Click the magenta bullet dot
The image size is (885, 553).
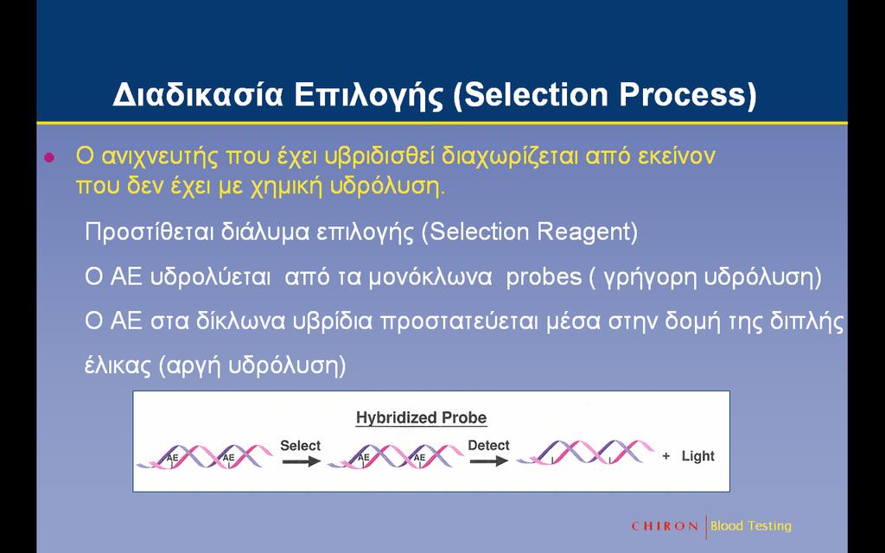coord(49,157)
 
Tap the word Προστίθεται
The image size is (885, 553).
coord(149,232)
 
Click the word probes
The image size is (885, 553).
coord(544,277)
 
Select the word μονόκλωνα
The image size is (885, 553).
coord(430,277)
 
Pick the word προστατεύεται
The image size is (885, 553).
coord(459,321)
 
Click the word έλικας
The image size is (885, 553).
coord(118,366)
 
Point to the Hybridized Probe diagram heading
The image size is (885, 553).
coord(421,418)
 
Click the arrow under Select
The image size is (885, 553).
coord(301,461)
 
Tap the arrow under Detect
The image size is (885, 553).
coord(489,461)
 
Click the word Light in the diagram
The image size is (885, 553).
coord(697,456)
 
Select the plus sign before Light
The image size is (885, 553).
coord(666,456)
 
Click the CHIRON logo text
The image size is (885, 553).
coord(665,526)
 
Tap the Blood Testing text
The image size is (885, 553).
coord(751,526)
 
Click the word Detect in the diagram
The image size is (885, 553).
coord(489,445)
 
